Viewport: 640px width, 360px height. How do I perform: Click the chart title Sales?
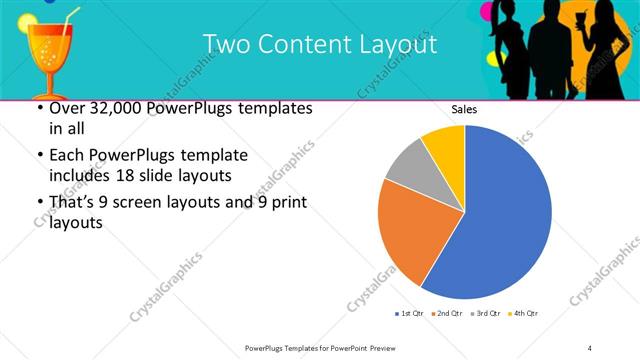463,109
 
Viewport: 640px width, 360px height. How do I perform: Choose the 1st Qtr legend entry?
410,314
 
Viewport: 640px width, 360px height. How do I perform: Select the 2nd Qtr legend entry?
447,314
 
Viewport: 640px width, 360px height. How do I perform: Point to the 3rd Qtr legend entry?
484,314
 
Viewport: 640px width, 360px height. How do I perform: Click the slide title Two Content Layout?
319,44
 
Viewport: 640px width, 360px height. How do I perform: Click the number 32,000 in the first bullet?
113,108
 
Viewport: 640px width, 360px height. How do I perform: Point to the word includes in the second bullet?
79,176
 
